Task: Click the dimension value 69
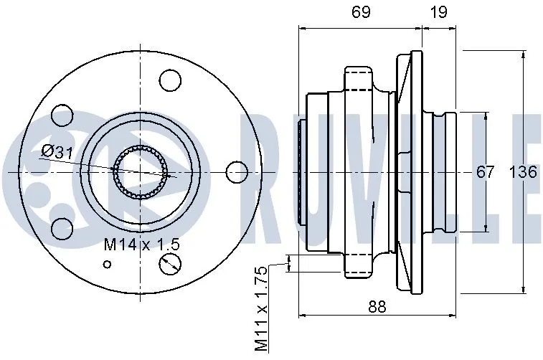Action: pos(360,11)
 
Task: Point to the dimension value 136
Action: pos(524,173)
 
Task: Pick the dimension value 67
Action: pos(486,173)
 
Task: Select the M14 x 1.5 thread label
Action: pos(141,245)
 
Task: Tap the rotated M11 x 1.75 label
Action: pos(262,308)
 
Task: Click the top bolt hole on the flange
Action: pos(169,80)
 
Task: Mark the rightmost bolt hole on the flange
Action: pos(236,172)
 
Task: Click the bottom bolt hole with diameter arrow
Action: pos(169,264)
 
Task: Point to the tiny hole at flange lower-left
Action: pos(108,265)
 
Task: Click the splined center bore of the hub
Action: pos(141,173)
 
